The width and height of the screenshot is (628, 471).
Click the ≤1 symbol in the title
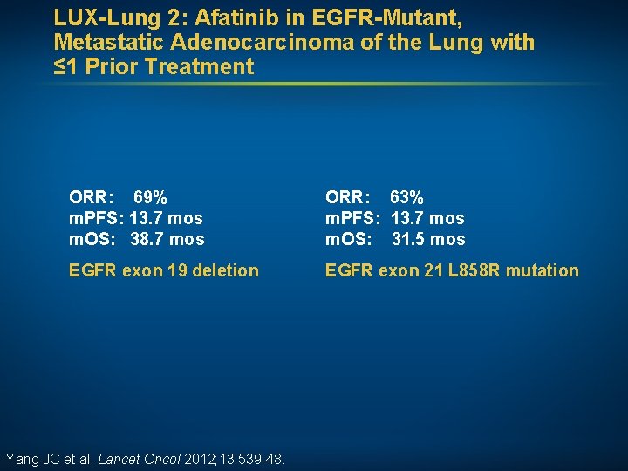tap(66, 66)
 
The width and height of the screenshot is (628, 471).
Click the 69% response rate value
tap(150, 197)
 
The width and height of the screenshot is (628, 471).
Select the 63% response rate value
tap(406, 197)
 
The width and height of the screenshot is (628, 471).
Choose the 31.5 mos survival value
tap(428, 239)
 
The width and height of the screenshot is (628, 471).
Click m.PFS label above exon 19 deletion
tap(97, 218)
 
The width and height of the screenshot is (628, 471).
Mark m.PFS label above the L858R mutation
tap(353, 218)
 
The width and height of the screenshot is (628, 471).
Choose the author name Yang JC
tap(32, 459)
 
